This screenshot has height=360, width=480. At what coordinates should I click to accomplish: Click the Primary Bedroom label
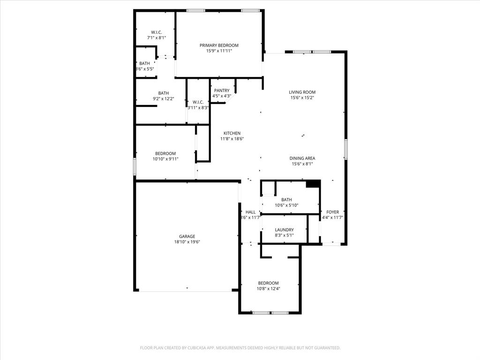pyautogui.click(x=219, y=45)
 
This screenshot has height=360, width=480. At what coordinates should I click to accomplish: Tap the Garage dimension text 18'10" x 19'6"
pyautogui.click(x=187, y=242)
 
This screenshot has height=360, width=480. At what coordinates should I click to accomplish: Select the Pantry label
pyautogui.click(x=222, y=90)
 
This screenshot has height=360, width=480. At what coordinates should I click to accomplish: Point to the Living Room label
pyautogui.click(x=302, y=92)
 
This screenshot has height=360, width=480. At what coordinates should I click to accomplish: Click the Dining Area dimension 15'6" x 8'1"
pyautogui.click(x=302, y=164)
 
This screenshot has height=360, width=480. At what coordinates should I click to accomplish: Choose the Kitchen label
pyautogui.click(x=232, y=134)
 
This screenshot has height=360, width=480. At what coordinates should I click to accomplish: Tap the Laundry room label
pyautogui.click(x=284, y=230)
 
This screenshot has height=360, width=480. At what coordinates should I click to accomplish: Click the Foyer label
pyautogui.click(x=332, y=212)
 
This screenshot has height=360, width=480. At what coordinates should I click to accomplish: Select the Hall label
pyautogui.click(x=250, y=212)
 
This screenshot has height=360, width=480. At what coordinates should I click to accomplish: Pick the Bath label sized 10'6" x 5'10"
pyautogui.click(x=286, y=200)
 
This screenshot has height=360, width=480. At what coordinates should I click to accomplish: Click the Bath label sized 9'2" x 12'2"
pyautogui.click(x=163, y=93)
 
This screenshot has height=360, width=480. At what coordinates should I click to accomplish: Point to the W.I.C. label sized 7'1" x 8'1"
pyautogui.click(x=157, y=32)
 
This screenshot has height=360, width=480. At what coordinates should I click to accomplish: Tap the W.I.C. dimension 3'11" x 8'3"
pyautogui.click(x=198, y=108)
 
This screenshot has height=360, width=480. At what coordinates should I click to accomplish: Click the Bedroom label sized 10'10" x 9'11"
pyautogui.click(x=165, y=154)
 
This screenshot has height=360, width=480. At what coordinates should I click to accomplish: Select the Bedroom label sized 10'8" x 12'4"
pyautogui.click(x=268, y=283)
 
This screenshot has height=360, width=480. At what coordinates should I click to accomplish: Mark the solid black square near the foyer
pyautogui.click(x=313, y=184)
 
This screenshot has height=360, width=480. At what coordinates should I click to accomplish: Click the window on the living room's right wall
pyautogui.click(x=345, y=149)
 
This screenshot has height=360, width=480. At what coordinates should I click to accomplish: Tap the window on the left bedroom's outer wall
pyautogui.click(x=135, y=166)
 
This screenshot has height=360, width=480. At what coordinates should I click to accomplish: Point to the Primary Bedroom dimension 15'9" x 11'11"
pyautogui.click(x=219, y=51)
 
